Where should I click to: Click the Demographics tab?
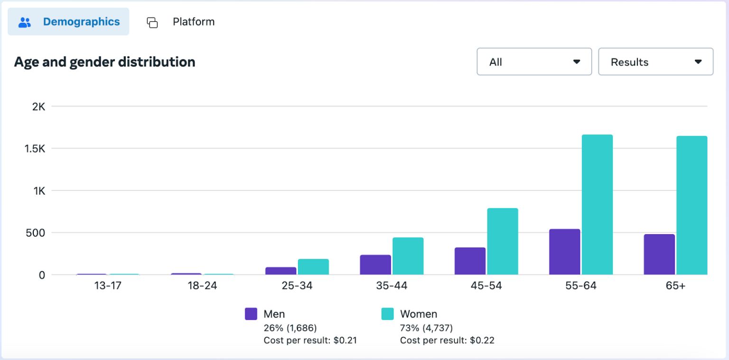pyautogui.click(x=68, y=22)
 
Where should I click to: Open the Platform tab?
pyautogui.click(x=181, y=22)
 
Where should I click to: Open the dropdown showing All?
pyautogui.click(x=534, y=62)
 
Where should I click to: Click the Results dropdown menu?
pyautogui.click(x=655, y=62)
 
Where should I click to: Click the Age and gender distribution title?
pyautogui.click(x=104, y=62)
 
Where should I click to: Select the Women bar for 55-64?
pyautogui.click(x=597, y=205)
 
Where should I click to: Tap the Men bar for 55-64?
pyautogui.click(x=564, y=252)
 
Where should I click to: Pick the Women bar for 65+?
pyautogui.click(x=692, y=205)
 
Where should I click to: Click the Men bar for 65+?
pyautogui.click(x=659, y=254)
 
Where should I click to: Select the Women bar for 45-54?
pyautogui.click(x=503, y=241)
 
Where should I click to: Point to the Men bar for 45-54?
pyautogui.click(x=470, y=261)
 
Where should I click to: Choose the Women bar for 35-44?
pyautogui.click(x=408, y=256)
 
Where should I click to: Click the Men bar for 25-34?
pyautogui.click(x=280, y=271)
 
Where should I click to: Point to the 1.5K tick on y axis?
pyautogui.click(x=36, y=149)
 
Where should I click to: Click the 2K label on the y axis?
pyautogui.click(x=38, y=106)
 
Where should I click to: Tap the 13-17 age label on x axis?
pyautogui.click(x=107, y=286)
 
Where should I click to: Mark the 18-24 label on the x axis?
pyautogui.click(x=202, y=286)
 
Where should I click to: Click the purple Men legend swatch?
pyautogui.click(x=251, y=314)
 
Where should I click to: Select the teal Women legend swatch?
pyautogui.click(x=387, y=314)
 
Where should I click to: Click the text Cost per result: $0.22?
pyautogui.click(x=447, y=341)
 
